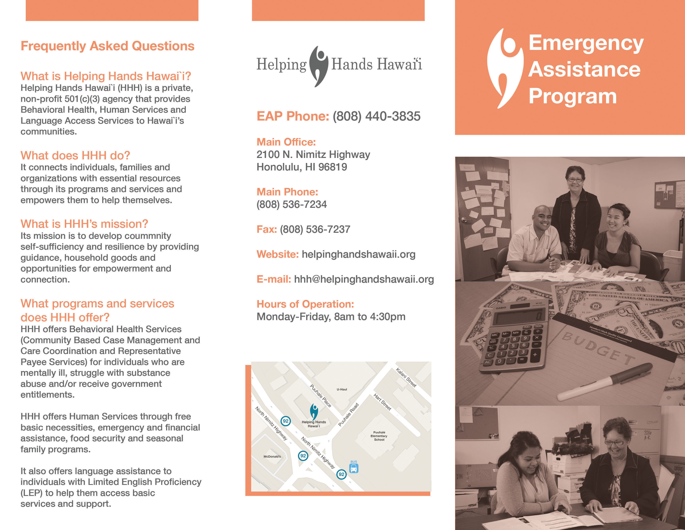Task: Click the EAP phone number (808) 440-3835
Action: tap(376, 116)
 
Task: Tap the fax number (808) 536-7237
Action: tap(315, 229)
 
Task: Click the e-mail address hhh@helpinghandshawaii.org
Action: tap(364, 279)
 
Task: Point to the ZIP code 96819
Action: tap(333, 167)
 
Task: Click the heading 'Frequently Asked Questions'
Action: tap(108, 46)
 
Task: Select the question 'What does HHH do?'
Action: tap(75, 155)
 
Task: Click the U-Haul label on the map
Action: tap(342, 389)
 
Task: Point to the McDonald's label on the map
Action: tap(272, 457)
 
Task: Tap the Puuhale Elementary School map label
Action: tap(379, 436)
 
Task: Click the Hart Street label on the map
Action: tap(382, 402)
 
